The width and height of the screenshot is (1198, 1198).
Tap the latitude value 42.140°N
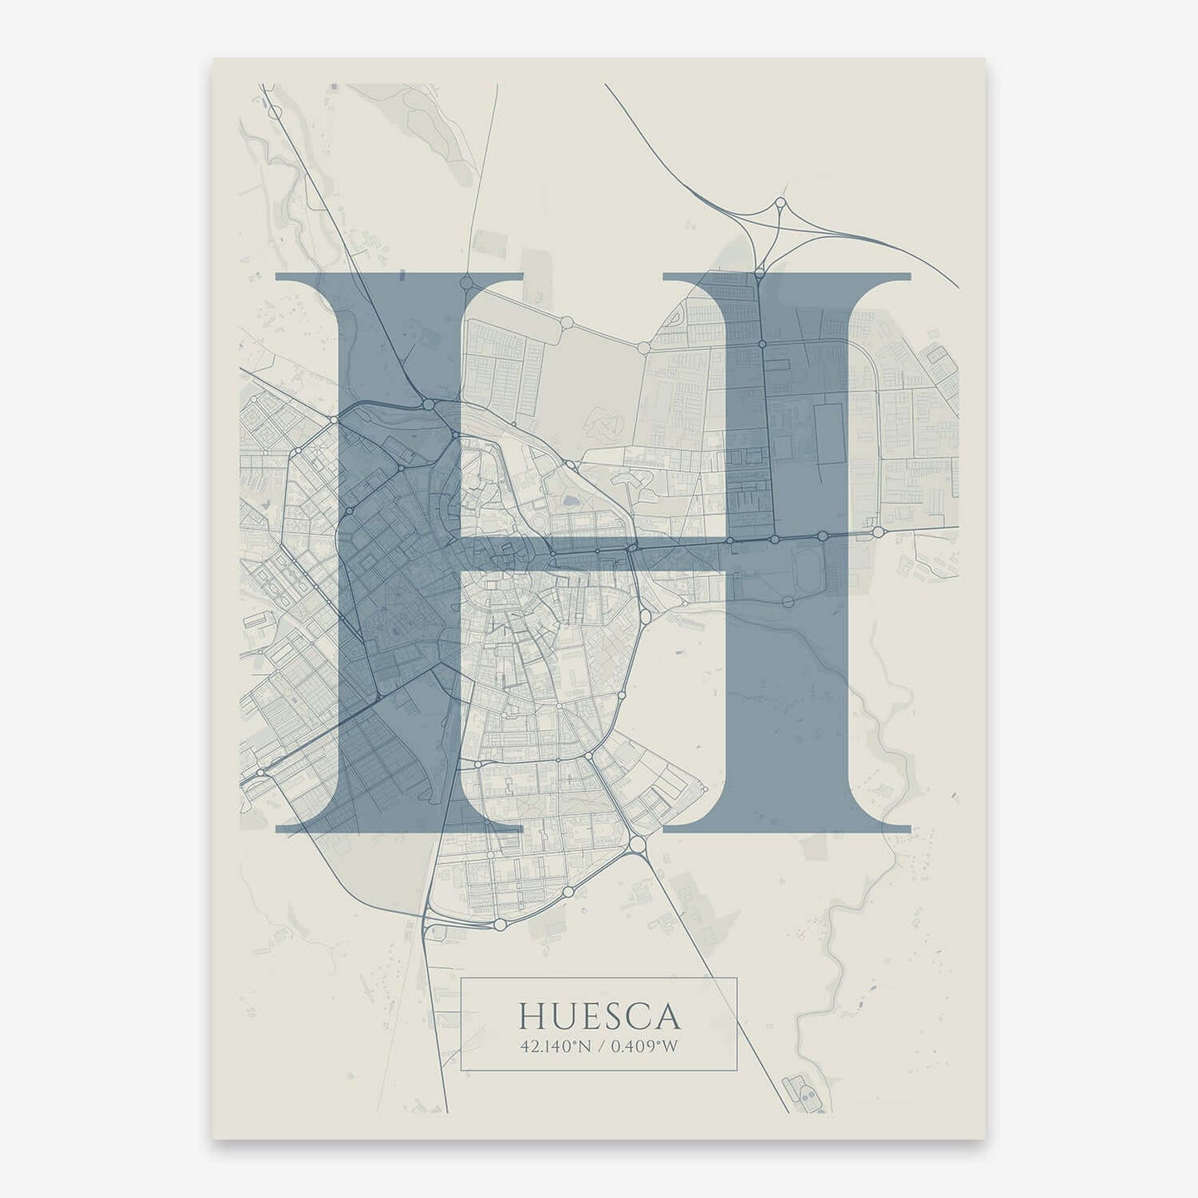pyautogui.click(x=555, y=1046)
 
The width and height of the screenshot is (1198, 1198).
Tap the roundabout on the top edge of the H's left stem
pyautogui.click(x=466, y=282)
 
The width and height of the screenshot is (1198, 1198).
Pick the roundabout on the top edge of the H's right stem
pyautogui.click(x=758, y=272)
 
